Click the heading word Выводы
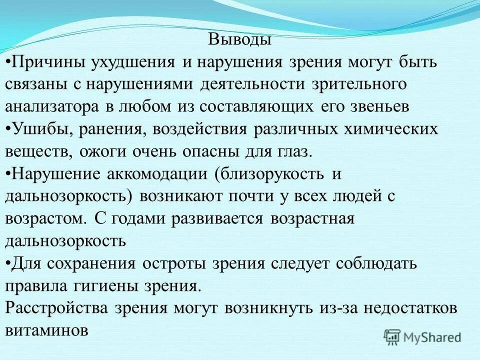pos(239,39)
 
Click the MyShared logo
pos(422,336)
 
